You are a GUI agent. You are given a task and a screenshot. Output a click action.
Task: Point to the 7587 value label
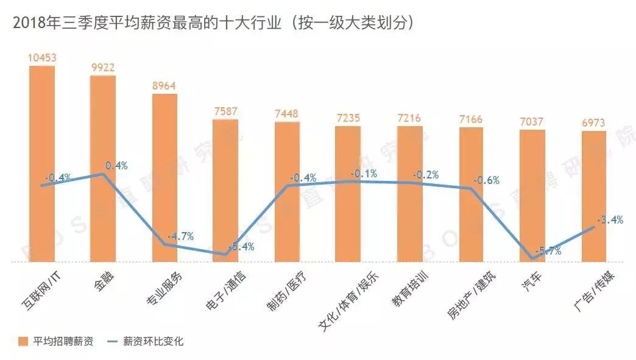click(225, 111)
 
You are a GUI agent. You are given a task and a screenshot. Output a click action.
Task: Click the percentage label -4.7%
click(180, 236)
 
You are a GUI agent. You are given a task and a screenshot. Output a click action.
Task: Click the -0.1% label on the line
click(364, 174)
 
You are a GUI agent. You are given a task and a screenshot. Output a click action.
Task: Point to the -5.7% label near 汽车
click(547, 250)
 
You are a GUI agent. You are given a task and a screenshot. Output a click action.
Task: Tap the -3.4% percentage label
click(610, 220)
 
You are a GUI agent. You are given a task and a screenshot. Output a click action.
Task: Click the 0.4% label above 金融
click(116, 165)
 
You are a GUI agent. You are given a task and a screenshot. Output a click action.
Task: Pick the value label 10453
click(42, 58)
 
